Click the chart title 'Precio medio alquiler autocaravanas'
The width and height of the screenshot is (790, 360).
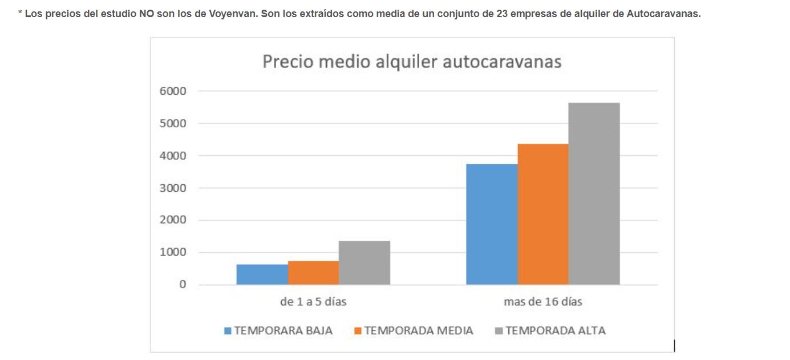(x=412, y=62)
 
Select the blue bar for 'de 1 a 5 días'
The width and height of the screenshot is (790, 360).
(x=262, y=274)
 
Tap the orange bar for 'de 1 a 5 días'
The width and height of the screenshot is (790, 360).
(x=313, y=273)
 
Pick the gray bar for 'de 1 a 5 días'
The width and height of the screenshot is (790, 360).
(x=364, y=262)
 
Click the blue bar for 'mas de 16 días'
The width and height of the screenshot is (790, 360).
(x=492, y=224)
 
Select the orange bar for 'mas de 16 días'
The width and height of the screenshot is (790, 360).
(x=543, y=214)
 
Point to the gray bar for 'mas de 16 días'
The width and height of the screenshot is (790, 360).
(x=594, y=193)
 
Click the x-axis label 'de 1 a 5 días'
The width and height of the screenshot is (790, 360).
(x=313, y=302)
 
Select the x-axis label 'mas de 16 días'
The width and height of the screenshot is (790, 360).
(x=542, y=302)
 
